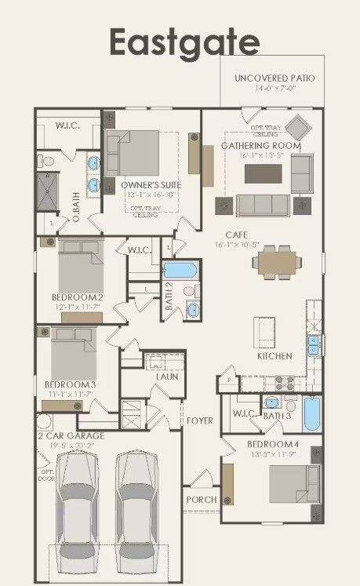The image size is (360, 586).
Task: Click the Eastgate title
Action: [184, 41]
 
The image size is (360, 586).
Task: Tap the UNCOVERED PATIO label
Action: [275, 78]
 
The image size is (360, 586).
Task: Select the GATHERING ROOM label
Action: [260, 145]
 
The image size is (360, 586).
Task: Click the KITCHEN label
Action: [275, 356]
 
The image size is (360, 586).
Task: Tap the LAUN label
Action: [166, 377]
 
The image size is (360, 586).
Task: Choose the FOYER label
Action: [199, 421]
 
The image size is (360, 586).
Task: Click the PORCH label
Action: [201, 500]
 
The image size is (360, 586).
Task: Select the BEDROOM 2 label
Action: [78, 297]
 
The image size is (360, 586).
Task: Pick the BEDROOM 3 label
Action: [70, 384]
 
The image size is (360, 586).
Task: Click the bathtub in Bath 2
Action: [180, 271]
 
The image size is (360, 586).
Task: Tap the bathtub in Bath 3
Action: [311, 414]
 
